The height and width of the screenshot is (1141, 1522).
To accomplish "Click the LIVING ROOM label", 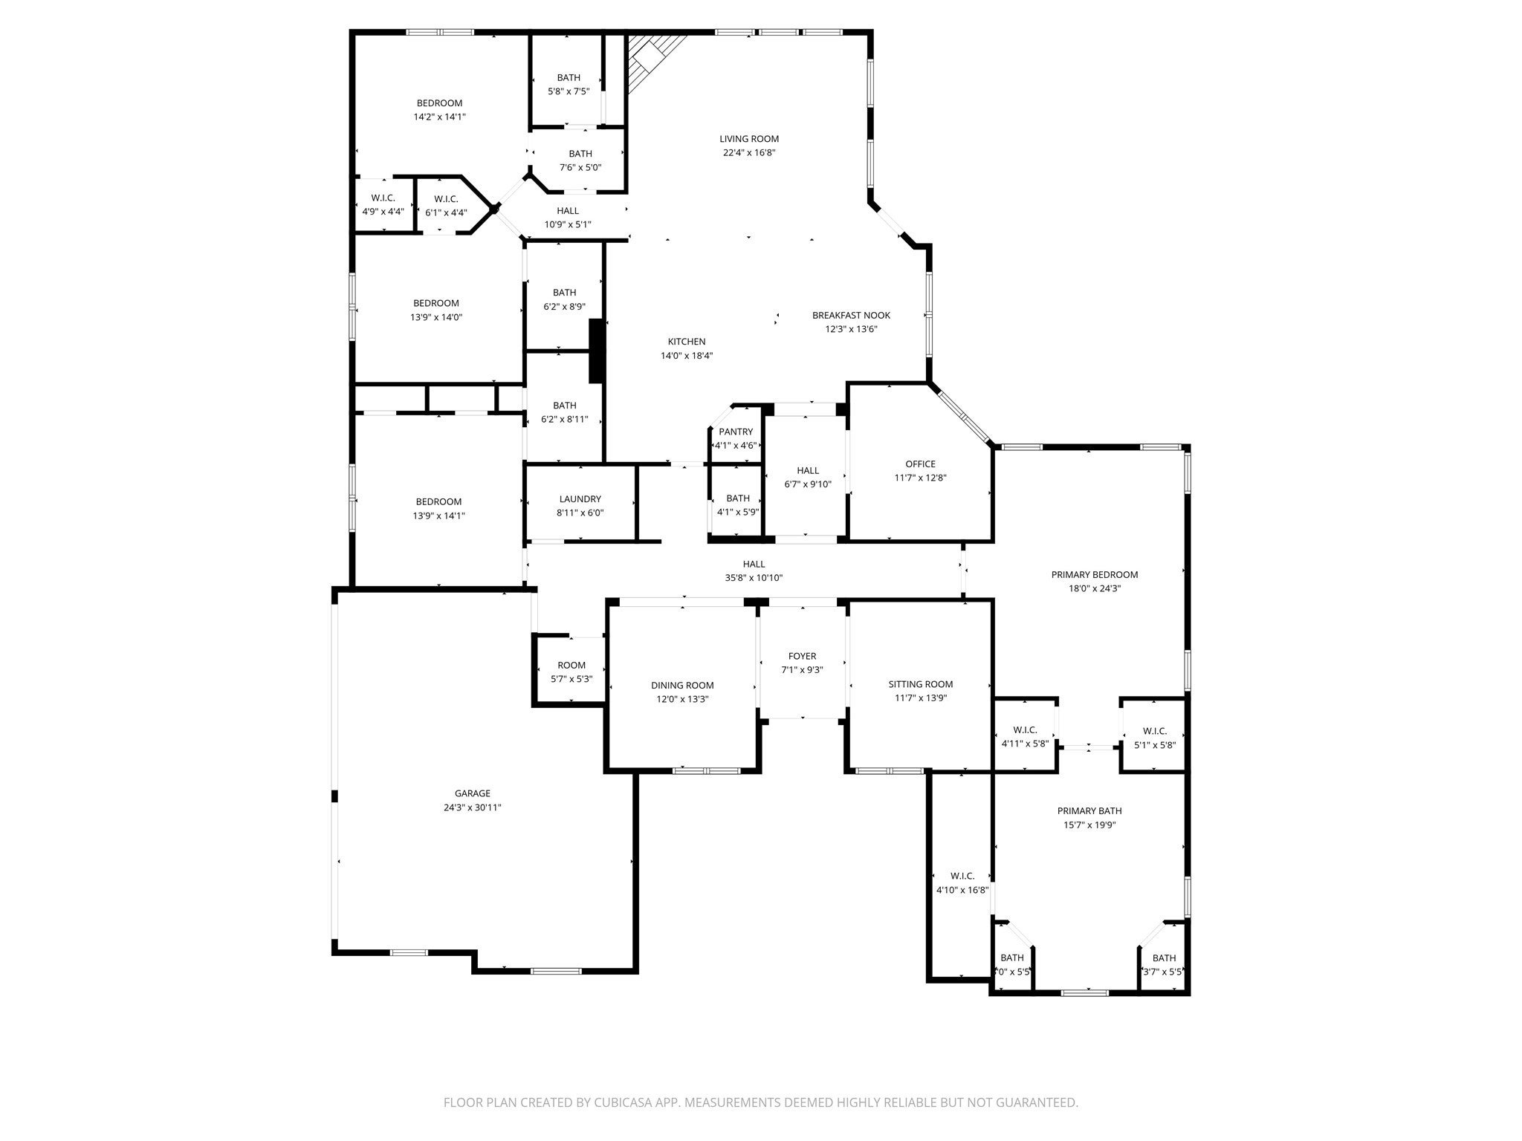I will [748, 139].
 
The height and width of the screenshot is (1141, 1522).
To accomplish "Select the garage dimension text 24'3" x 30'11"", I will [473, 807].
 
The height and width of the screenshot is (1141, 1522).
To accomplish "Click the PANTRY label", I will [735, 432].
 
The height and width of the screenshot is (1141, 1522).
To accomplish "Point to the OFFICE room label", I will [920, 464].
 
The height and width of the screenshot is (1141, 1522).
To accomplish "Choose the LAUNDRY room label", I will [580, 499].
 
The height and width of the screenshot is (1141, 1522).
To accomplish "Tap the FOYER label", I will [802, 656].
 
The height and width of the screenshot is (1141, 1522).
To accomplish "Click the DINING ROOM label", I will [682, 686].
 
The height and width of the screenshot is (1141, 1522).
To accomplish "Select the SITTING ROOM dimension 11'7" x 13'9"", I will [920, 698].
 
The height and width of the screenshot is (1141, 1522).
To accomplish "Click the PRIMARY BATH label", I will [1089, 811].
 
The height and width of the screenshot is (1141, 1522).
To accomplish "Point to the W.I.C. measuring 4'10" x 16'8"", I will [962, 883].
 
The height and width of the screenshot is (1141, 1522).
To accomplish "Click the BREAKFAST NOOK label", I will [851, 315].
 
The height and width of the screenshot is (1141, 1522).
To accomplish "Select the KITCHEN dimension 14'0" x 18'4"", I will [687, 356].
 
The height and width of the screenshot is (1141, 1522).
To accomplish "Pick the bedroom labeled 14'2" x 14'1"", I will [439, 110].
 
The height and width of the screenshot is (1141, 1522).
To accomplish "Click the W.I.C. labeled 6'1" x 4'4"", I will [446, 205].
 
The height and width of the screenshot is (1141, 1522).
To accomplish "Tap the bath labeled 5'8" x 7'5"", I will [569, 84].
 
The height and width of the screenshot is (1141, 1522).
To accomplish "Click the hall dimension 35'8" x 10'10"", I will [754, 578].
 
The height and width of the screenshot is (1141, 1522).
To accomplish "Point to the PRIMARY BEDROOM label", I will [1094, 575].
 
